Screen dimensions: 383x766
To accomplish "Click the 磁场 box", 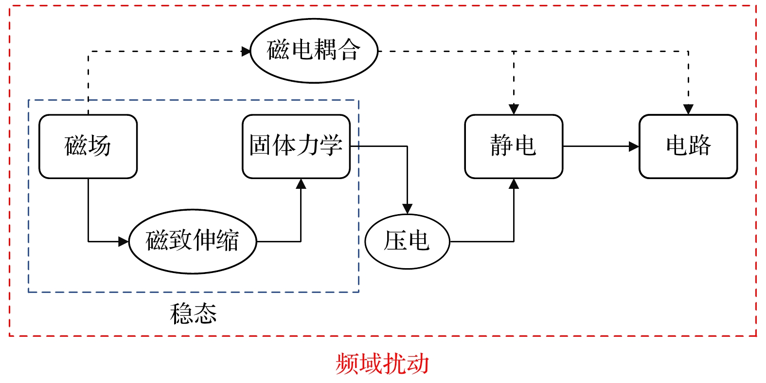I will coord(88,146).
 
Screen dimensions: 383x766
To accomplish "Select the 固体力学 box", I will coord(296,146).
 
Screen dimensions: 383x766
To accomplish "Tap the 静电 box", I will coord(514,146).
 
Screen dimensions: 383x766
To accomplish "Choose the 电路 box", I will coord(688,146).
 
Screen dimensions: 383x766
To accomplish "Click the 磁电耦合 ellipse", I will coord(314,51).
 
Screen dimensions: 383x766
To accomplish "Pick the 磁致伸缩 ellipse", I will coord(193,241).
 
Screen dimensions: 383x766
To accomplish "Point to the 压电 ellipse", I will coord(407,241).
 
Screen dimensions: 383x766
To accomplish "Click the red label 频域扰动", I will coord(382,364).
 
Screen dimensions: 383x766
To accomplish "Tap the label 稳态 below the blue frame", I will coord(193,314).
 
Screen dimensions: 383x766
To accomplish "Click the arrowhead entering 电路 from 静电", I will coord(634,146).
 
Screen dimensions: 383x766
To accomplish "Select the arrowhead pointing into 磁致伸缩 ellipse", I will coord(124,241).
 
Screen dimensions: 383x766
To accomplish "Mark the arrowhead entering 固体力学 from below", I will coord(301,184).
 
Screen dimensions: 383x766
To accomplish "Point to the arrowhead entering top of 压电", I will coord(407,209).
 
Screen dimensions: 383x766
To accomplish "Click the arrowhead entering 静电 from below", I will coord(514,184).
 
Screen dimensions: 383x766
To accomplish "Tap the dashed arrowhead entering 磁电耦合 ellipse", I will coord(246,51).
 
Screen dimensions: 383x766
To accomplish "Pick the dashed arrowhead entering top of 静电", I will coord(514,109).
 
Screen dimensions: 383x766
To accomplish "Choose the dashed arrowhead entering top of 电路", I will coord(688,109).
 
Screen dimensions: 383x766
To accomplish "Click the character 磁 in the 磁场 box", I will coord(76,146).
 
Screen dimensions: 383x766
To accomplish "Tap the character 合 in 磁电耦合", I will coord(349,50).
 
